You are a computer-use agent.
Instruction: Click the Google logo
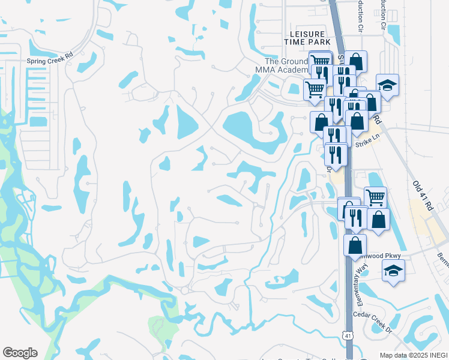[x=20, y=353]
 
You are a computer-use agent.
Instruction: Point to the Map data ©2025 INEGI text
[x=414, y=355]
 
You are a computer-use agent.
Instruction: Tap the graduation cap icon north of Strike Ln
[x=387, y=85]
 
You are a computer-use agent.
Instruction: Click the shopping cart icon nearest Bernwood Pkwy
[x=375, y=196]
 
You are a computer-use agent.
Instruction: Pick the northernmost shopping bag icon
[x=355, y=61]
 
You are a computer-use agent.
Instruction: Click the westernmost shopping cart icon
[x=314, y=89]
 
